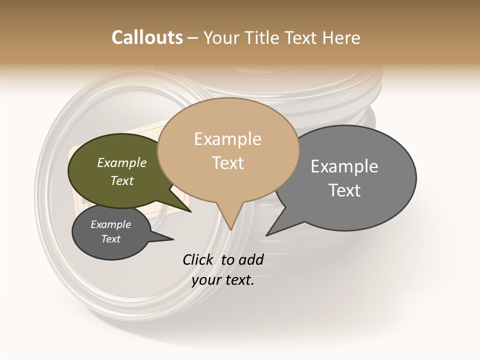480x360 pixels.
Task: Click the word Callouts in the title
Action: [147, 37]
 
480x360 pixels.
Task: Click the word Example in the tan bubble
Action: [227, 139]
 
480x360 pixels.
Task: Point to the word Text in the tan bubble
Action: [227, 163]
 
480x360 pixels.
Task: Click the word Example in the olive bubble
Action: [122, 163]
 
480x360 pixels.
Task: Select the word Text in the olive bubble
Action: [122, 180]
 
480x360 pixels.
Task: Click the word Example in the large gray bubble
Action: [344, 166]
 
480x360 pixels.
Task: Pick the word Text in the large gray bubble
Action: [344, 190]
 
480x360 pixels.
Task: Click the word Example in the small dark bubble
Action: [111, 224]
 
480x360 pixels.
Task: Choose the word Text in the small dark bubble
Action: [111, 239]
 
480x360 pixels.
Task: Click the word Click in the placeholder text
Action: [198, 259]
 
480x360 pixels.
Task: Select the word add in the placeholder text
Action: [251, 259]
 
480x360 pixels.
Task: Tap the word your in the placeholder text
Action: [206, 280]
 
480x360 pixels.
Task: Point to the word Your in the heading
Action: [221, 37]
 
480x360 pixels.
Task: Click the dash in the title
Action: [192, 38]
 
